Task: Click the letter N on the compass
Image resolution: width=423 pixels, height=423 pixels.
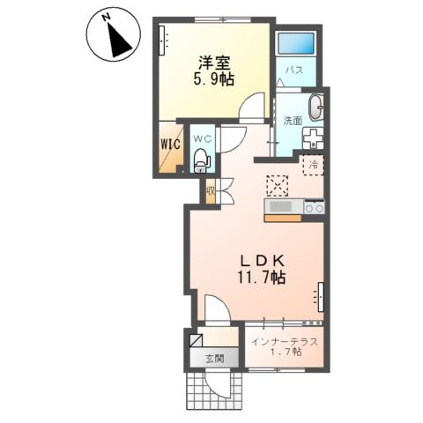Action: [107, 18]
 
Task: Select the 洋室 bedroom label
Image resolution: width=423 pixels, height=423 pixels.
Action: [214, 63]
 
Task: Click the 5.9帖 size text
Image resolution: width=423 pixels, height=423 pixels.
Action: [213, 79]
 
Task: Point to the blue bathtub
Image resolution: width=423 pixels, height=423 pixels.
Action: [296, 43]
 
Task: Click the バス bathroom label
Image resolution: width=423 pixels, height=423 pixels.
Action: [294, 70]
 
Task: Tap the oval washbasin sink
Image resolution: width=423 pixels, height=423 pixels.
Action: [315, 107]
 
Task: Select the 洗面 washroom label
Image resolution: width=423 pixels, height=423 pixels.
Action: [293, 121]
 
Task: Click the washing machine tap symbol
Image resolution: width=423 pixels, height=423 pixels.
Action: [313, 138]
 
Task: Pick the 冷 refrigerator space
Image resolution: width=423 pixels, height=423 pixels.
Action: [313, 165]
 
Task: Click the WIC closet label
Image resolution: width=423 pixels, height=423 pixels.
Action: [170, 145]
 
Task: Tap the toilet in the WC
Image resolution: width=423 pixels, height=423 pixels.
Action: [201, 160]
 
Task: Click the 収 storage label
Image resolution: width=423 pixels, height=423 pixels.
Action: [211, 191]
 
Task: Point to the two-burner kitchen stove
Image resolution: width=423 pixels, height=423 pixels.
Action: [314, 208]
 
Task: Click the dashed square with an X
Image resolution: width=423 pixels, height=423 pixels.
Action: [277, 186]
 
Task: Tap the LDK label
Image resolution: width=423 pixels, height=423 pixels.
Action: [263, 260]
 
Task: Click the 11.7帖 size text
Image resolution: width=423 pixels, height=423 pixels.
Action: [262, 277]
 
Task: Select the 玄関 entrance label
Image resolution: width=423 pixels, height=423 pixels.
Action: [215, 359]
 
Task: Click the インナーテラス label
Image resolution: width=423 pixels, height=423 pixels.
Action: [286, 342]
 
